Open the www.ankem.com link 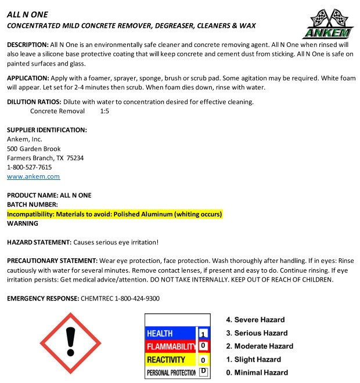point(33,176)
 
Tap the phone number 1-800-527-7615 point(29,167)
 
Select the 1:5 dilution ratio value point(105,111)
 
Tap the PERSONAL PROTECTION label point(171,373)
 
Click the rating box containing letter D point(203,372)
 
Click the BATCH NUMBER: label point(32,205)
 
